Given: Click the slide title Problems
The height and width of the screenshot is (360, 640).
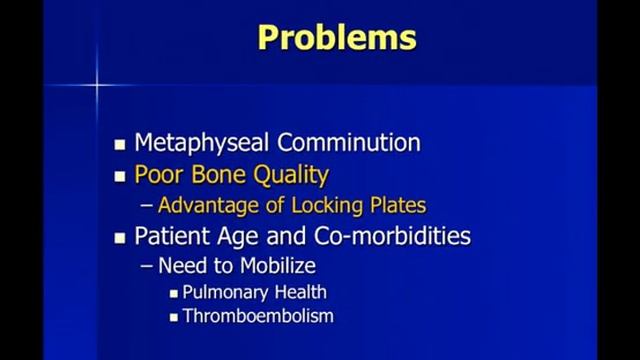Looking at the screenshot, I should click(x=336, y=38).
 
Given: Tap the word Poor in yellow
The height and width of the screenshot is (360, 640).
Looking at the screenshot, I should click(x=157, y=175).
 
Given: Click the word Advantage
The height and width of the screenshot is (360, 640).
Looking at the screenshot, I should click(x=203, y=206).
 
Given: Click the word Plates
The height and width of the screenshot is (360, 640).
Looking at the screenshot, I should click(x=398, y=206).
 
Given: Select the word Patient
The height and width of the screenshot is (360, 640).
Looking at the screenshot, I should click(x=173, y=237).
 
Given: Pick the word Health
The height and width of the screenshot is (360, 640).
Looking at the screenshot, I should click(x=303, y=293).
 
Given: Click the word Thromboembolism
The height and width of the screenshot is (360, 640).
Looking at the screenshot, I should click(x=258, y=317).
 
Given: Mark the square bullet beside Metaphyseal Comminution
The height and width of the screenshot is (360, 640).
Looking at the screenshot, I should click(x=121, y=143).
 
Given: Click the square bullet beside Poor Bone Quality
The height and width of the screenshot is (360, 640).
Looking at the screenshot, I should click(x=121, y=176).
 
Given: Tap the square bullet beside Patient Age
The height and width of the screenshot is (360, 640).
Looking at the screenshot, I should click(x=121, y=238).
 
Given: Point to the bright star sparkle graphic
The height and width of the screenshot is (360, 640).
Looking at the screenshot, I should click(x=98, y=86).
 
